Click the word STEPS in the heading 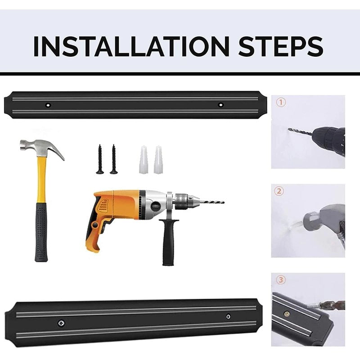[x=281, y=46]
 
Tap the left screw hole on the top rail [x=48, y=105]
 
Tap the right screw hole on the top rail [x=220, y=105]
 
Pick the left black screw [x=100, y=159]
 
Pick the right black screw [x=114, y=159]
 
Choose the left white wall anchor [x=144, y=160]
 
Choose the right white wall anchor [x=158, y=160]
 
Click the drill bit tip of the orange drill [x=223, y=202]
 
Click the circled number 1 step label [x=280, y=103]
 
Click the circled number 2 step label [x=279, y=191]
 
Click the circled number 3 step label [x=281, y=280]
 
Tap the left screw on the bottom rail [x=61, y=323]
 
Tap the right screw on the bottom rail [x=228, y=317]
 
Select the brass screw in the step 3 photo [x=286, y=314]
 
